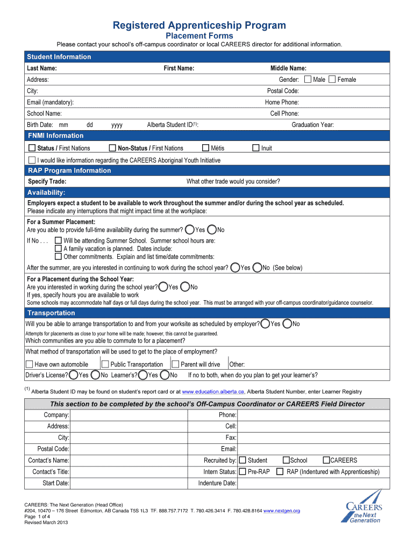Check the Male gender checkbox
tap(308, 80)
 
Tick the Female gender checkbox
tap(332, 80)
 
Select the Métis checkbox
tap(205, 148)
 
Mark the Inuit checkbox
tap(256, 148)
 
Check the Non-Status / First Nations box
tap(112, 148)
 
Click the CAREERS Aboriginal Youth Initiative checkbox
tap(32, 160)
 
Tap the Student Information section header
tap(59, 57)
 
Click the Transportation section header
tap(51, 313)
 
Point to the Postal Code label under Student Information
tap(283, 91)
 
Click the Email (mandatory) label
tap(51, 102)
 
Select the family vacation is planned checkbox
tap(59, 249)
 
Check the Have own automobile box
tap(29, 364)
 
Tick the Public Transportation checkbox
tap(105, 364)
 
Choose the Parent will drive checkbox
tap(175, 364)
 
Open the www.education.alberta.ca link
tap(213, 392)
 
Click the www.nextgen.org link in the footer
tap(282, 511)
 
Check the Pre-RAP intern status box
tap(242, 471)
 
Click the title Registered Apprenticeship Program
tap(199, 25)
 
